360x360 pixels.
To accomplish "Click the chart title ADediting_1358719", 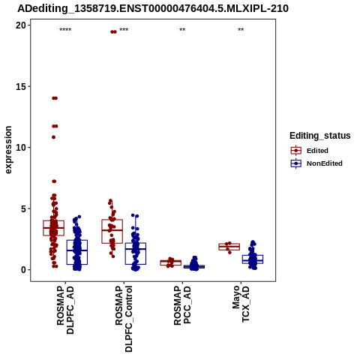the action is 153,8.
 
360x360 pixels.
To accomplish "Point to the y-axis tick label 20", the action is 21,25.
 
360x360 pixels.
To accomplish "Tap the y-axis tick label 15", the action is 21,86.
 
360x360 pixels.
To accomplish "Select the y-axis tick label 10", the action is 21,148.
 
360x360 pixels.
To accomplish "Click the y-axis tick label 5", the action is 24,208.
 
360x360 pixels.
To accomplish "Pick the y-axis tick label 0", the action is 24,270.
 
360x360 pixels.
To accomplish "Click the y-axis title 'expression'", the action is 8,150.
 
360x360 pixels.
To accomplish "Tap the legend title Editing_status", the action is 320,136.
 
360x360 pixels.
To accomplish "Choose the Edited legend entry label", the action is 317,151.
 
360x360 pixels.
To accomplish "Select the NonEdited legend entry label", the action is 325,163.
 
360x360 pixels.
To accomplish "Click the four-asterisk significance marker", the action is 65,30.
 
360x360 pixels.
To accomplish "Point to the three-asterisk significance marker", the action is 124,30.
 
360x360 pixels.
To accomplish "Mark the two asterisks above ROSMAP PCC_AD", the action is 182,30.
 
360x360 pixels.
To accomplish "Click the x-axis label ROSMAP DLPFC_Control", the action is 124,319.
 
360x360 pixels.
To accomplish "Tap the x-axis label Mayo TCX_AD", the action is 241,304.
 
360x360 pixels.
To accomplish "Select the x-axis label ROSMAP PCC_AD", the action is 182,305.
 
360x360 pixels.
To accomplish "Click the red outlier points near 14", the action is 55,98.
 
